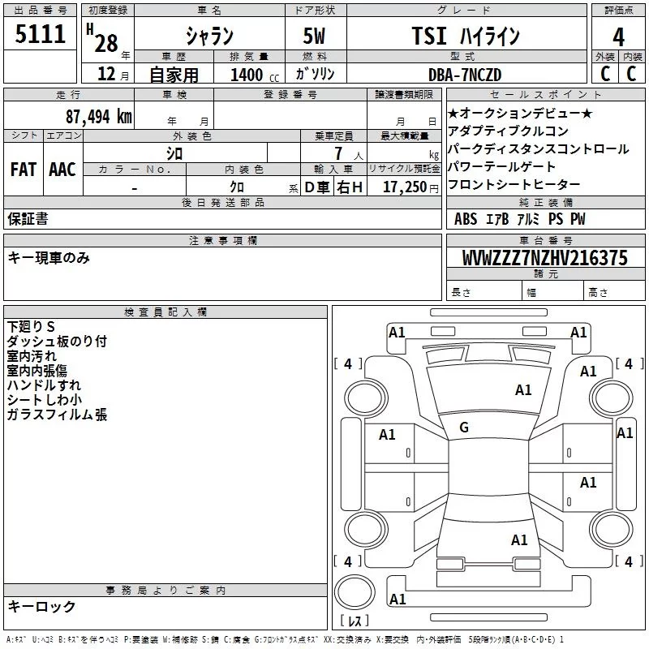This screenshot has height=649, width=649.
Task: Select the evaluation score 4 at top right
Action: pos(619,37)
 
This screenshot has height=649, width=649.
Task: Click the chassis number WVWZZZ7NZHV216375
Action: pos(544,259)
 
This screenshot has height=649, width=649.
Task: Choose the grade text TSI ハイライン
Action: pos(466,37)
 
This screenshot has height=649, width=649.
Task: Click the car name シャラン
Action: pos(209,37)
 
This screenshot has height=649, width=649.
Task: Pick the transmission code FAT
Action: pos(24,170)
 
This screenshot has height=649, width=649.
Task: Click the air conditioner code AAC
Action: pos(62,170)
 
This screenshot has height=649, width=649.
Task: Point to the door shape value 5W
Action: pos(316,37)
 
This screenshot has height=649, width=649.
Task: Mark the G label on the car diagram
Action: pos(463,428)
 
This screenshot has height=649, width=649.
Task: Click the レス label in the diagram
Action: pos(354,621)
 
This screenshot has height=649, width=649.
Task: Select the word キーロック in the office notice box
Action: pos(41,606)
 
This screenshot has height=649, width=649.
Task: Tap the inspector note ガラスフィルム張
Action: pos(57,415)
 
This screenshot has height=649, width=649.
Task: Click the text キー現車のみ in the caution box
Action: pos(49,258)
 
